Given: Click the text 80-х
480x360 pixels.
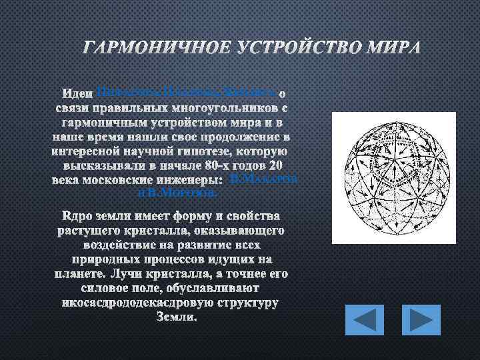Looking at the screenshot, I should point(221,165).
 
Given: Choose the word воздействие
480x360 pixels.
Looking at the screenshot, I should point(107,245).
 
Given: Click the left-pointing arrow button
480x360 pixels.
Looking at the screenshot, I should point(365,319).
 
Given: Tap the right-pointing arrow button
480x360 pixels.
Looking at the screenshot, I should point(421,319).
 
